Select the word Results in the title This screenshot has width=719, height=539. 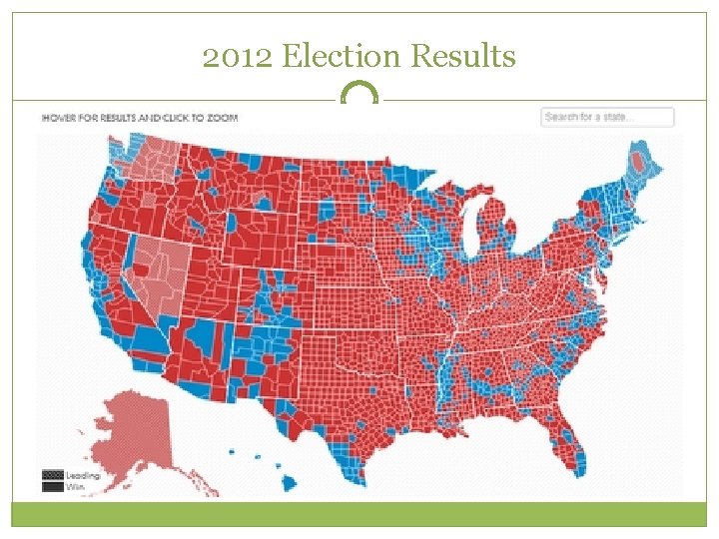point(464,57)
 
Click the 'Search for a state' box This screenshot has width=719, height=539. point(607,117)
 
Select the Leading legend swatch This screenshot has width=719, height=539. point(52,476)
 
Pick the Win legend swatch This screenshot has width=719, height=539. point(52,487)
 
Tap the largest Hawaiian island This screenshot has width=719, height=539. point(290,483)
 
